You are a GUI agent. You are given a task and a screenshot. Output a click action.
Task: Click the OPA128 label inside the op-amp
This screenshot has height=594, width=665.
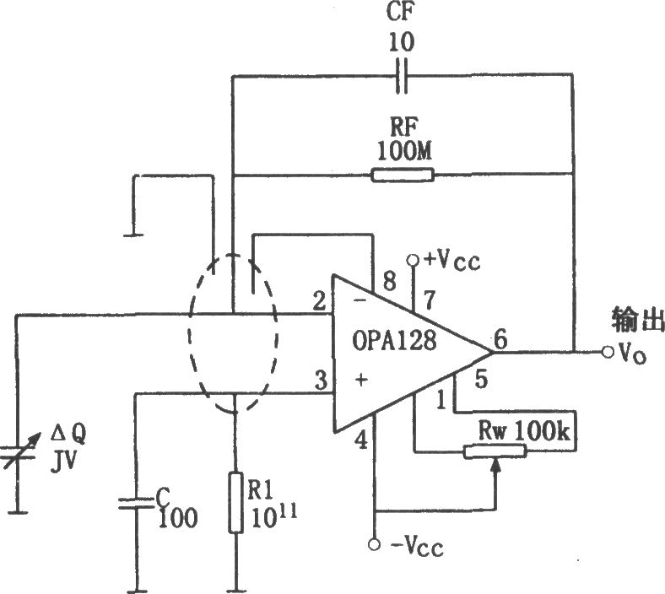pos(394,341)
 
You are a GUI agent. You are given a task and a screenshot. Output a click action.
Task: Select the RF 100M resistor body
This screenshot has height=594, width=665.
pos(403,175)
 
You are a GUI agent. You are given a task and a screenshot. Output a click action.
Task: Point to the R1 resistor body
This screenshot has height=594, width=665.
pos(235,502)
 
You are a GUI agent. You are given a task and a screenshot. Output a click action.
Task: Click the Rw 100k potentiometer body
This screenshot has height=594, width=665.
pos(495,451)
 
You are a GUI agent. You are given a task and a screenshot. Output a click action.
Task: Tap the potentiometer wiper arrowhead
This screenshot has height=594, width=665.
pos(495,465)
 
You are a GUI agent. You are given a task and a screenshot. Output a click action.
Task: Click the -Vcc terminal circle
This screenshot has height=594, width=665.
pos(374,544)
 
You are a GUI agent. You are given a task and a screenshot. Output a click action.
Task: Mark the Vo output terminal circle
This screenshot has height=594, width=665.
pos(608,352)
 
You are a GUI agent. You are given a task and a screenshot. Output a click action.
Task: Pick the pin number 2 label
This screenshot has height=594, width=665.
pos(318,301)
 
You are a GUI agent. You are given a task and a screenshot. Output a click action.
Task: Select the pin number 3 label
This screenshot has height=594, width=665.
pos(321,381)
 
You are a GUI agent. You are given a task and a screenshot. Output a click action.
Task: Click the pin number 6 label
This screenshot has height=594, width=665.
pos(500,339)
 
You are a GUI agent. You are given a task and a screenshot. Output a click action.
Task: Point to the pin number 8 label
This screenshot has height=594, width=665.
pos(389,280)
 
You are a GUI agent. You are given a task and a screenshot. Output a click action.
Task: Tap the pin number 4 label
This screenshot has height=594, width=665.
pos(361,440)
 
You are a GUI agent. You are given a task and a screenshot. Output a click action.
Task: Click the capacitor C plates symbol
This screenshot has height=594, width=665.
pos(136,503)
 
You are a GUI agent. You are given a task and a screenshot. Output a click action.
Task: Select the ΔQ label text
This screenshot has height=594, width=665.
pos(68,435)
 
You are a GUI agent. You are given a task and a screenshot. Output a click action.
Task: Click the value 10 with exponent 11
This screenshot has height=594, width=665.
pos(273,516)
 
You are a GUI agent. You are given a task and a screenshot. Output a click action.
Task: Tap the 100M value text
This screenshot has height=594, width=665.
pos(403,151)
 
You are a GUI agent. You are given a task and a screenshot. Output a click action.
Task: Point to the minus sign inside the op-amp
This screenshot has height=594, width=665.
pos(360,300)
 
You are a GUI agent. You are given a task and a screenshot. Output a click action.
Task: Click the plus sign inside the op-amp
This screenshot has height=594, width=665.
pos(361,380)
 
